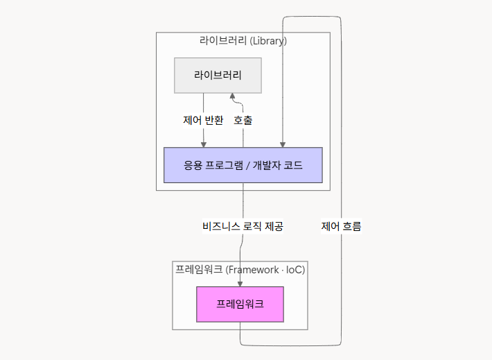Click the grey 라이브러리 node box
[217, 75]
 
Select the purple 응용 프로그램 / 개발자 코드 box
[243, 165]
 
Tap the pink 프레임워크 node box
[240, 304]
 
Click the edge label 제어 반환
[203, 120]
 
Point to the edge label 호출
[243, 120]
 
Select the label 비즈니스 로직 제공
[243, 226]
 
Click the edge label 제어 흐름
[341, 226]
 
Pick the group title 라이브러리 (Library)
[243, 41]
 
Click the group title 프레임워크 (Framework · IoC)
[240, 269]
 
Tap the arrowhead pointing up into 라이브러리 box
[233, 96]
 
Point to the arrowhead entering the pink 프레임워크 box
[240, 283]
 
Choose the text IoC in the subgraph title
[294, 269]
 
